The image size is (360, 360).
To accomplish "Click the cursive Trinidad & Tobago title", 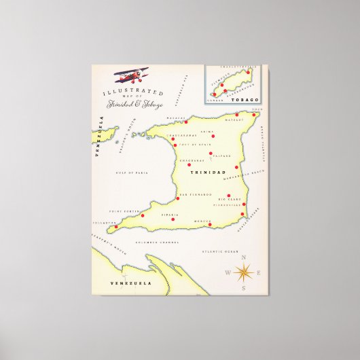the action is pyautogui.click(x=134, y=103).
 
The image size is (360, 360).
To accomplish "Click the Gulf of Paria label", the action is pyautogui.click(x=132, y=173).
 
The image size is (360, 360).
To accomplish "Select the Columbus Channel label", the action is pyautogui.click(x=157, y=241).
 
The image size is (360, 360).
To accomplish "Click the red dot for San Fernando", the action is pyautogui.click(x=178, y=198).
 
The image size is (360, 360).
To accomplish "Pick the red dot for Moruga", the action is pyautogui.click(x=210, y=224).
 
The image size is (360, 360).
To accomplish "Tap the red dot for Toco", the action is pyautogui.click(x=255, y=114).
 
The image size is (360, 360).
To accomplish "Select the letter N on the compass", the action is pyautogui.click(x=245, y=258).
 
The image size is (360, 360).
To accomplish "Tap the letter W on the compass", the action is pyautogui.click(x=228, y=273).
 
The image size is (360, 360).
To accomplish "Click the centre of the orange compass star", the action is pyautogui.click(x=245, y=273).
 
